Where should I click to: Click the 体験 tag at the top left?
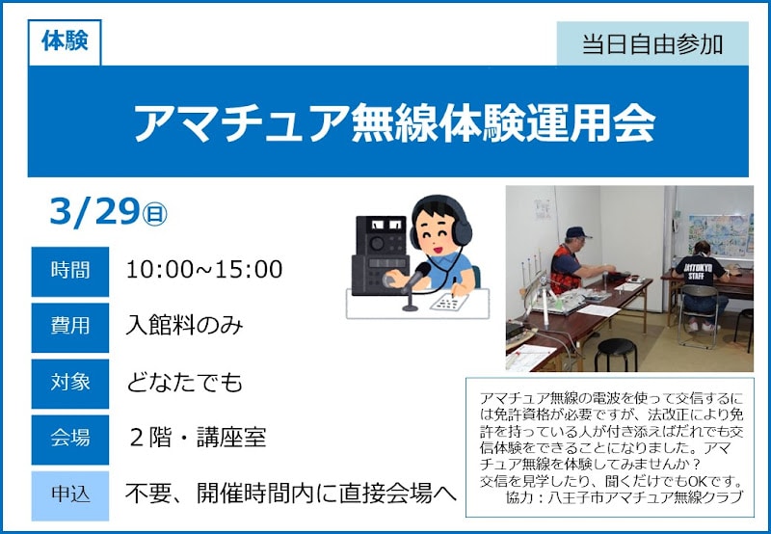coord(65,42)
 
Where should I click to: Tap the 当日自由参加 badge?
coord(652,43)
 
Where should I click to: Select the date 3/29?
coord(93,212)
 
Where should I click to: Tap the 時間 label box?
coord(70,271)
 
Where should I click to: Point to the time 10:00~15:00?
coord(204,270)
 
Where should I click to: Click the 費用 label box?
coord(70,326)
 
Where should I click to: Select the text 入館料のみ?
coord(184,326)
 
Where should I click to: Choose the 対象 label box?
coord(70,382)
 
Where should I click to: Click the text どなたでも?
coord(184,383)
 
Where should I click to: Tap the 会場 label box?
coord(70,438)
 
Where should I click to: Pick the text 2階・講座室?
coord(197,438)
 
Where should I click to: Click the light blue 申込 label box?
coord(70,494)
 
